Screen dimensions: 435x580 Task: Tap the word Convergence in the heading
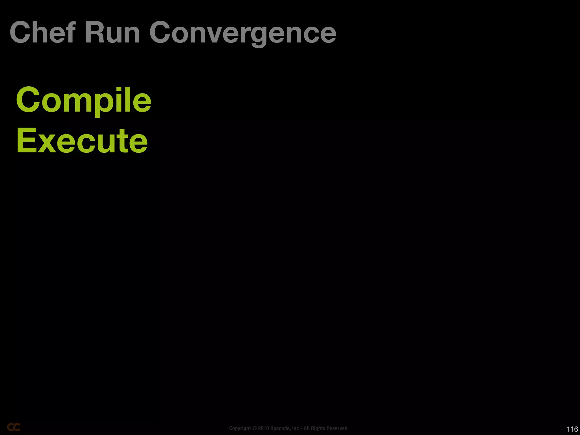(x=243, y=33)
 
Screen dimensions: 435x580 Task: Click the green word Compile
(x=84, y=101)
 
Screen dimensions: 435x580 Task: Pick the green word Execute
(x=82, y=141)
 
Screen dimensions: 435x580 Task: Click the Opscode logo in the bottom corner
(x=14, y=427)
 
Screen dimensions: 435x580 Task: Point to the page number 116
(x=572, y=429)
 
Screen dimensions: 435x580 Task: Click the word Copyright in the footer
(x=240, y=428)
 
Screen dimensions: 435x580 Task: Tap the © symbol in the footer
(x=254, y=428)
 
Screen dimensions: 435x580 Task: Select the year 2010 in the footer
(x=263, y=428)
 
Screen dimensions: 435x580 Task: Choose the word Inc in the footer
(x=296, y=428)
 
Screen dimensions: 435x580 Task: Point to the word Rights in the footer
(x=317, y=428)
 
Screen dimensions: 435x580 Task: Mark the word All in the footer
(x=306, y=428)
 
